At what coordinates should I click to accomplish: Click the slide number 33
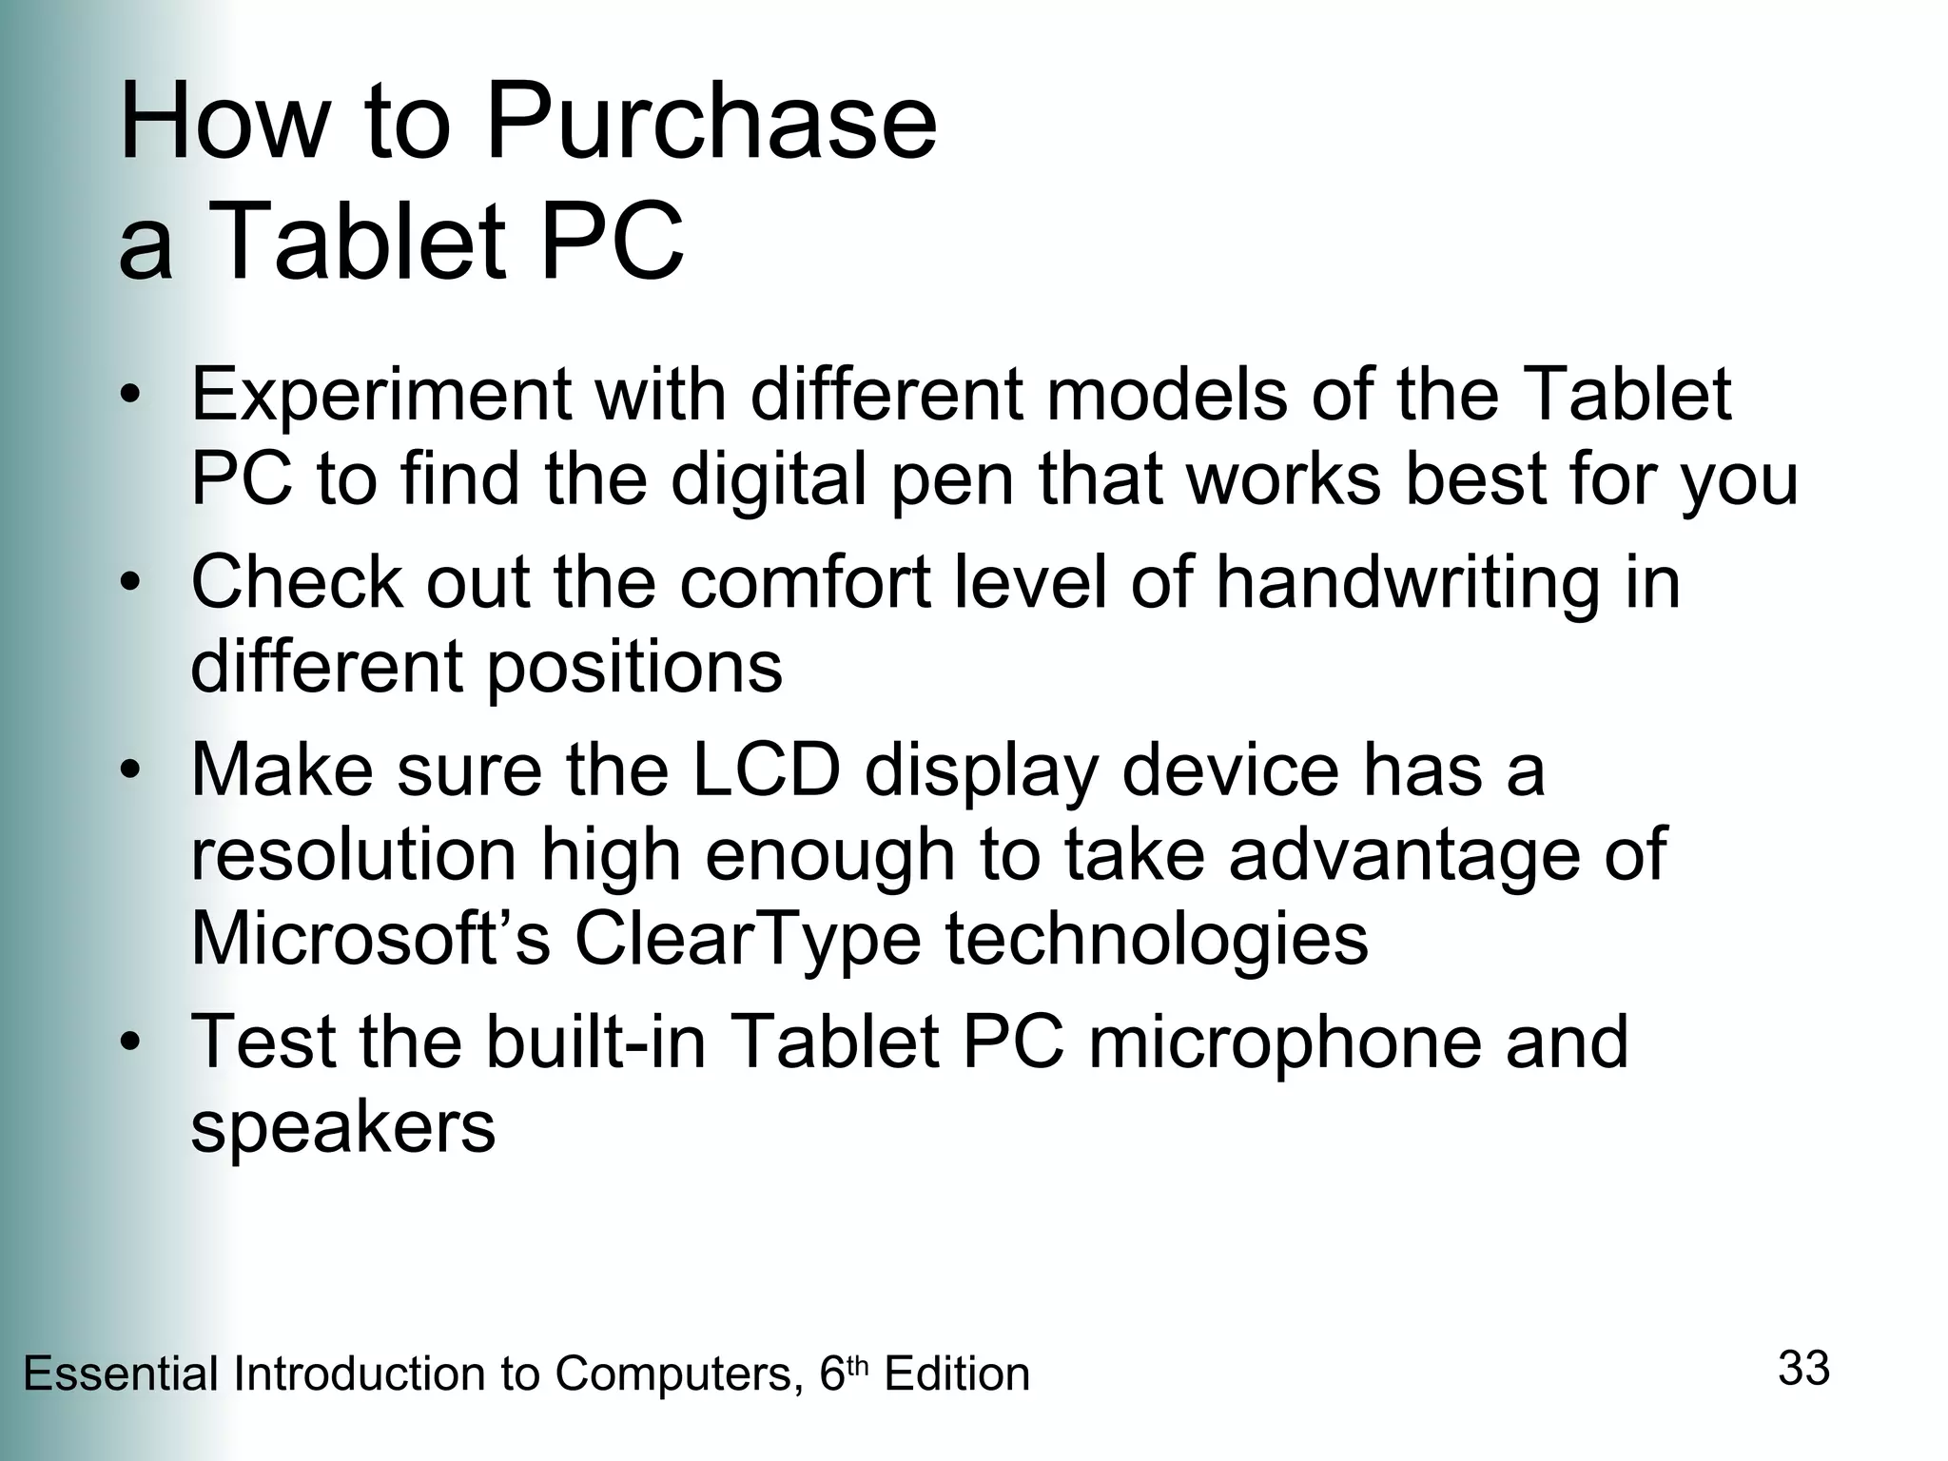(1803, 1369)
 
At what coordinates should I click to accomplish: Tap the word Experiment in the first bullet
(380, 397)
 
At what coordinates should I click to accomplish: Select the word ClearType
(748, 940)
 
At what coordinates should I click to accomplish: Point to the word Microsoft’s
(371, 940)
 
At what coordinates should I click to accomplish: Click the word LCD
(767, 769)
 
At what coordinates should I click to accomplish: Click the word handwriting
(1408, 582)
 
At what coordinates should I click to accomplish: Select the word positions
(634, 667)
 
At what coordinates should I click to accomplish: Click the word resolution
(354, 855)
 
